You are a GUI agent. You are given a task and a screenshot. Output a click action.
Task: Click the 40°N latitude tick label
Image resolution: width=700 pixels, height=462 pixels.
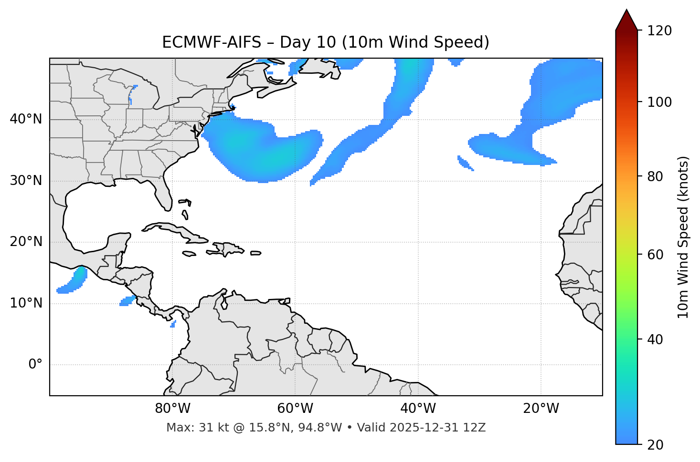click(26, 119)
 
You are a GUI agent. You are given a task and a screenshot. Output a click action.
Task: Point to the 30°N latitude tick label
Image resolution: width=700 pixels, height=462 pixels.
click(26, 181)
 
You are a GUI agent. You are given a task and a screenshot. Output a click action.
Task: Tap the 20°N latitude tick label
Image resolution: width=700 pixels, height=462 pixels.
click(26, 242)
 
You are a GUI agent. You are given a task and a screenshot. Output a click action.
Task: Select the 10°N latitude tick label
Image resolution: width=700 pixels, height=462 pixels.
click(26, 303)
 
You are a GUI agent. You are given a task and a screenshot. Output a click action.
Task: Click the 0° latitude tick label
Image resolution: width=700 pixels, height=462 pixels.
click(35, 365)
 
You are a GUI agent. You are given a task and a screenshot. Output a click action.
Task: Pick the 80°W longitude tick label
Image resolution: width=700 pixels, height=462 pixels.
click(172, 409)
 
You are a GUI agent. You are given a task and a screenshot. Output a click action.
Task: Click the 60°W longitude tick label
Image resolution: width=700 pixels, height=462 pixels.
click(295, 409)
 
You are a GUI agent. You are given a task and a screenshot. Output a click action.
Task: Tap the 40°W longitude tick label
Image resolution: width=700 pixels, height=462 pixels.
click(418, 409)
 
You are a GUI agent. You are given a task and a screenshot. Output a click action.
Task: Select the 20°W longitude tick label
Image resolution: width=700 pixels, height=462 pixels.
click(541, 409)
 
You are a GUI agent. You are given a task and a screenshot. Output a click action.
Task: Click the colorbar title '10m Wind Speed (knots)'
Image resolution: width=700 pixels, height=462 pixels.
click(683, 237)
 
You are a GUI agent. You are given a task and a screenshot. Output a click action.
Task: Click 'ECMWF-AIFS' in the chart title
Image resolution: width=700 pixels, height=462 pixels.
click(212, 42)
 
